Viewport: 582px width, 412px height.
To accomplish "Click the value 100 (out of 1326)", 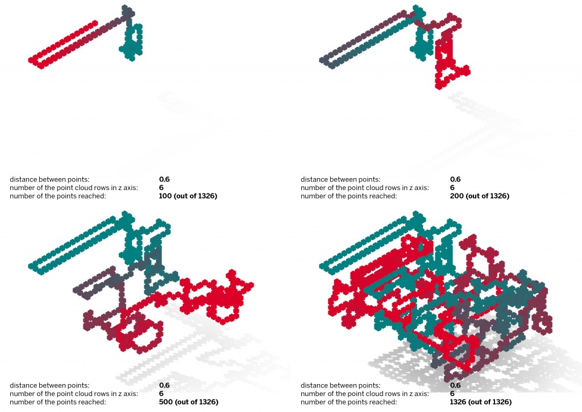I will [x=188, y=196].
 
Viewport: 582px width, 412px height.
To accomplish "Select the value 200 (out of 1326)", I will [x=479, y=196].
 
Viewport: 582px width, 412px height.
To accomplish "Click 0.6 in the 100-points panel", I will [x=165, y=179].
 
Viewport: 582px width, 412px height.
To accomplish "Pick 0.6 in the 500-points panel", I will [x=165, y=385].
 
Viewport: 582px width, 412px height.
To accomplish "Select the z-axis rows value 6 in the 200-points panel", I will [x=452, y=188].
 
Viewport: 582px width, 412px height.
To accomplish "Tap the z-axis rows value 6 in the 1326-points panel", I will [x=452, y=393].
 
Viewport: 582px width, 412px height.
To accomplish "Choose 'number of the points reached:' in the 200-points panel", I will [x=348, y=196].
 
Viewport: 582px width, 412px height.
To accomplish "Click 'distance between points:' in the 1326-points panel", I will [x=340, y=385].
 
